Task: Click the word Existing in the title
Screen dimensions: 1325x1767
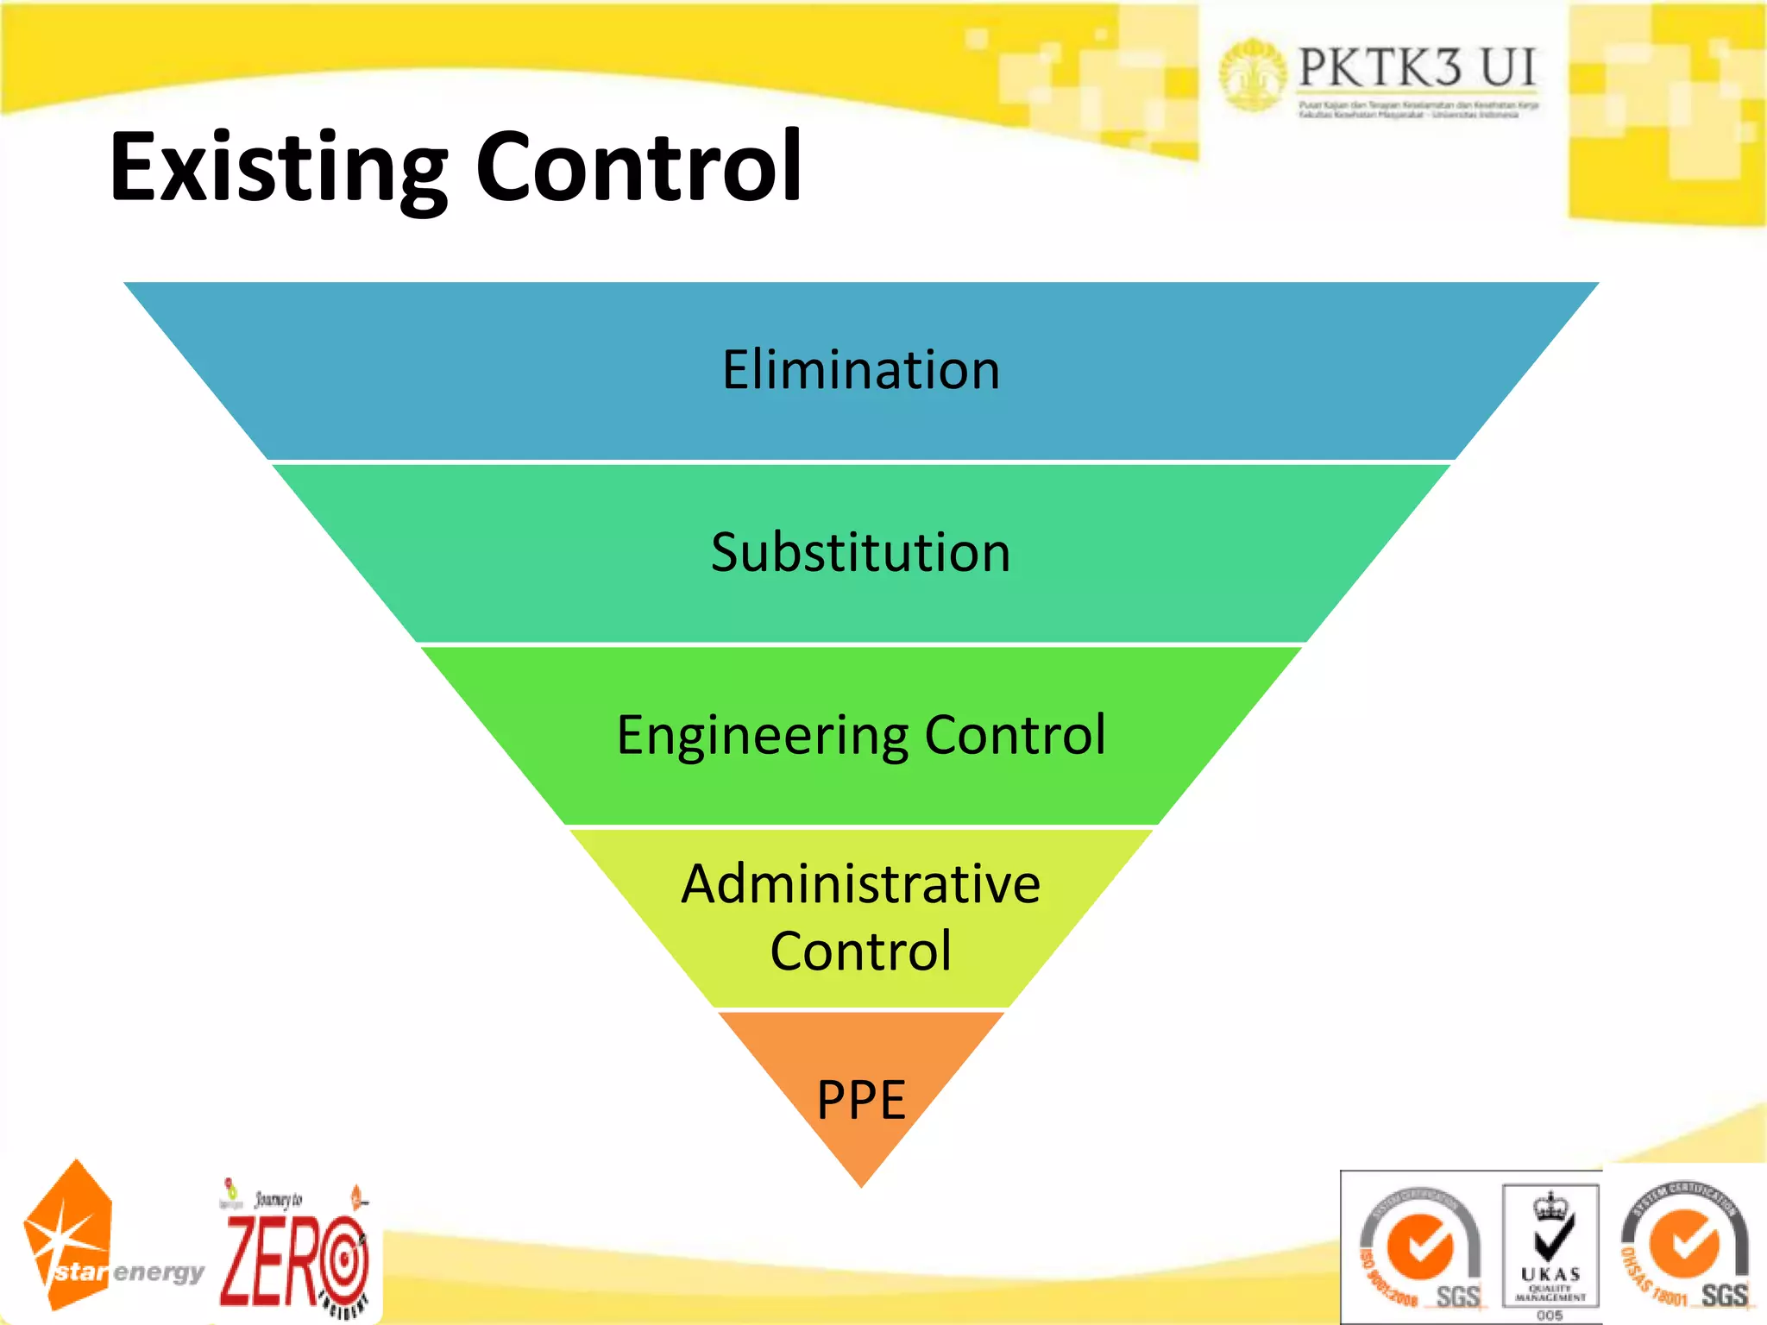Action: click(278, 168)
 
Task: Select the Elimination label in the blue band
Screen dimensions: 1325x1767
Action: click(861, 370)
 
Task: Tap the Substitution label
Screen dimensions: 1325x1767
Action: click(860, 552)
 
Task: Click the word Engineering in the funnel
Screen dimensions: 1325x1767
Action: click(763, 736)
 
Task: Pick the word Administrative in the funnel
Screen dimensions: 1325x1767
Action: click(860, 884)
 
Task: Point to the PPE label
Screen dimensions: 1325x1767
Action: click(861, 1100)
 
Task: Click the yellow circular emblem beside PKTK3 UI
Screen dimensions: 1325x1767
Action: click(1251, 74)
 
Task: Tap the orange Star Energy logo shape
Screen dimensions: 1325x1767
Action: click(69, 1234)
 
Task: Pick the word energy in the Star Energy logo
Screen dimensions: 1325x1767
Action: click(159, 1272)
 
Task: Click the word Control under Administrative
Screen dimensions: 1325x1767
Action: click(860, 951)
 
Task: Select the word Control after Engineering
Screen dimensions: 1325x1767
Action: click(1015, 735)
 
